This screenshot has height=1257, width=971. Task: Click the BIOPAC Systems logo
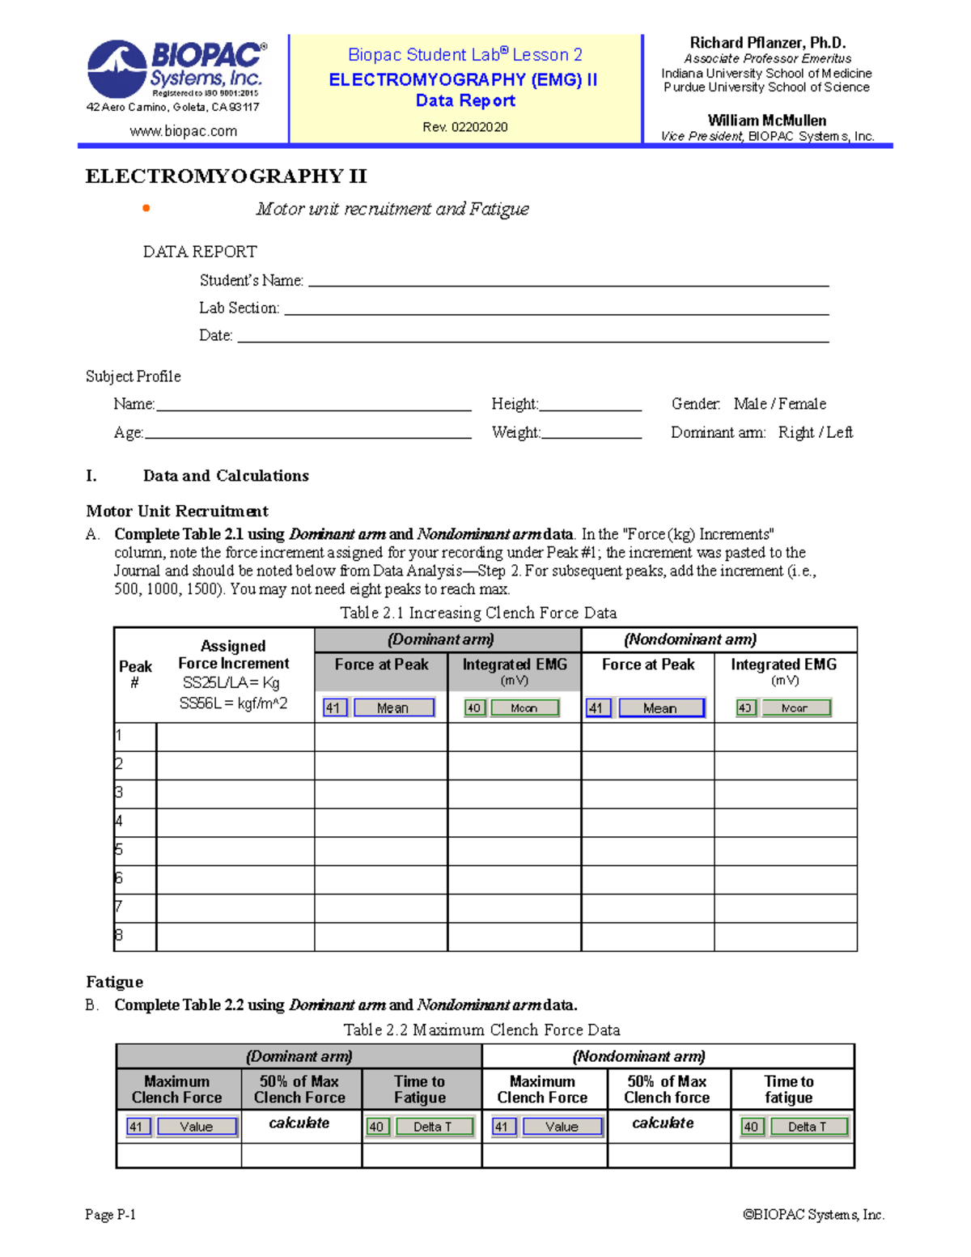pyautogui.click(x=176, y=70)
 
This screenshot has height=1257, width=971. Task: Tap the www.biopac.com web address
pyautogui.click(x=184, y=131)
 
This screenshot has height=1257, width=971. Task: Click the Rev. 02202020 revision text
pyautogui.click(x=465, y=127)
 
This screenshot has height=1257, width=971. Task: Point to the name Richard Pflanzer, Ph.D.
pyautogui.click(x=767, y=43)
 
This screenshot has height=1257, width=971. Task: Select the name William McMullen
pyautogui.click(x=767, y=121)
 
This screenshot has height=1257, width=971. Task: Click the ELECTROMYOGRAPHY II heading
pyautogui.click(x=227, y=176)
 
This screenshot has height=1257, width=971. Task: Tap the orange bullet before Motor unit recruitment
pyautogui.click(x=146, y=209)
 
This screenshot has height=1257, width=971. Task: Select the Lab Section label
pyautogui.click(x=240, y=308)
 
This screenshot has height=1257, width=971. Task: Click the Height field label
pyautogui.click(x=515, y=404)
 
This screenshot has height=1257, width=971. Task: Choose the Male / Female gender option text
pyautogui.click(x=780, y=404)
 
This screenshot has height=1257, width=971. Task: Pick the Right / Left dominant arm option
pyautogui.click(x=815, y=432)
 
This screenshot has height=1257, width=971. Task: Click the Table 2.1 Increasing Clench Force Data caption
pyautogui.click(x=478, y=613)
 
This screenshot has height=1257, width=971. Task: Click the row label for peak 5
pyautogui.click(x=120, y=850)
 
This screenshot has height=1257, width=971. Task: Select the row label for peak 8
pyautogui.click(x=120, y=936)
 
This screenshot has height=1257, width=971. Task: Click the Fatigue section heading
pyautogui.click(x=115, y=982)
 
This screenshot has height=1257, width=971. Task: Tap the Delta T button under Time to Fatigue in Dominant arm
pyautogui.click(x=433, y=1127)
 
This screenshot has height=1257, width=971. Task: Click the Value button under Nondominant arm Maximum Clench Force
pyautogui.click(x=562, y=1127)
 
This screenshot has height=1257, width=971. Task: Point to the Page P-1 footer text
pyautogui.click(x=111, y=1214)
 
